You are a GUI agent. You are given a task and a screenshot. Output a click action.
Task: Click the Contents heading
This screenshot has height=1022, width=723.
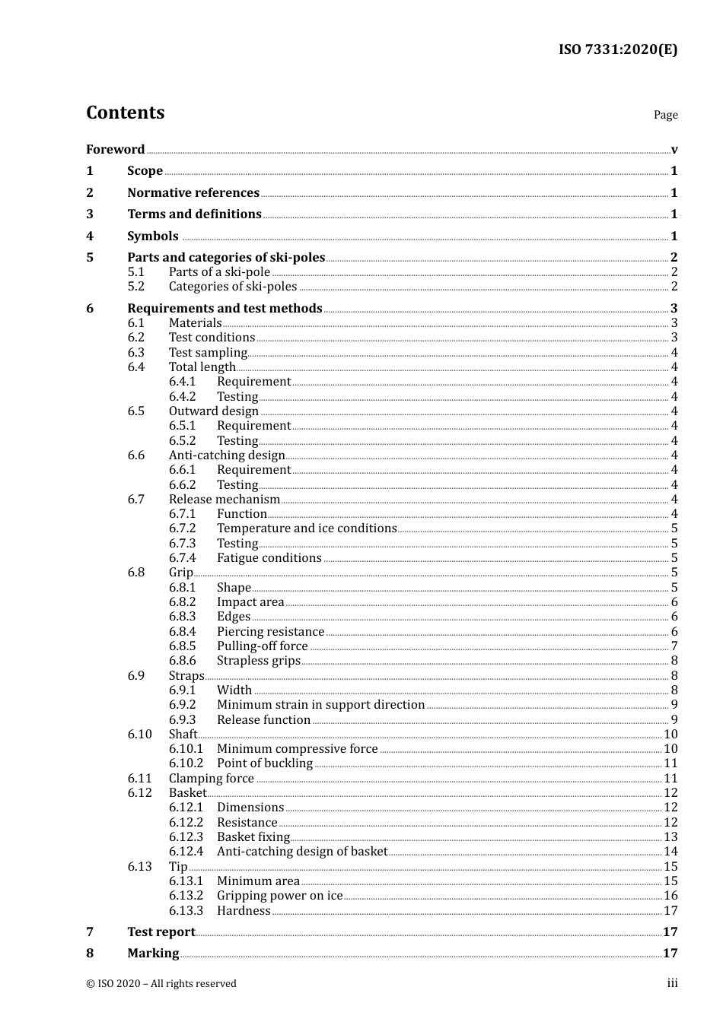(125, 113)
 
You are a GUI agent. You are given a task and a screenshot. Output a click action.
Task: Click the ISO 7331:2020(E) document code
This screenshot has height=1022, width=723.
(617, 49)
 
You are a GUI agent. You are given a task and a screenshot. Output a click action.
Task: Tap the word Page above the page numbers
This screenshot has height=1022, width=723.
(665, 115)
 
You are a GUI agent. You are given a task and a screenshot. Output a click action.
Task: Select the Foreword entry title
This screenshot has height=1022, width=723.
(115, 149)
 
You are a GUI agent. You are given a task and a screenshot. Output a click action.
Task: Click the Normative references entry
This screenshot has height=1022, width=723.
(193, 192)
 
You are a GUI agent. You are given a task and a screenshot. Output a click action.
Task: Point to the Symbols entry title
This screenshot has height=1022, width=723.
(152, 236)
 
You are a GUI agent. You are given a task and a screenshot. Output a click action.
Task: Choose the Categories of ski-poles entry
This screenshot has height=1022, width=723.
(233, 287)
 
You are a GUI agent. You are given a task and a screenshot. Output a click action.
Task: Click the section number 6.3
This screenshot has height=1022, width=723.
(136, 352)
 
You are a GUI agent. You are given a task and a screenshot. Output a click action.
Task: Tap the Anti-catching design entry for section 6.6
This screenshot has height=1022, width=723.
(227, 455)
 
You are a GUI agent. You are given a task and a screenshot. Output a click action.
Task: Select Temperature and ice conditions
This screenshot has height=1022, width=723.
(307, 528)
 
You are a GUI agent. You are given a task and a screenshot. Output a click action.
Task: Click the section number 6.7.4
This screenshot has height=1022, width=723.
(183, 558)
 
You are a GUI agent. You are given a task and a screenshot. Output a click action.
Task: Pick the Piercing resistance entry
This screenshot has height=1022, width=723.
(270, 632)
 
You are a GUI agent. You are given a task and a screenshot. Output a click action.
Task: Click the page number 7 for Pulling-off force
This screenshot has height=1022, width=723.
(674, 646)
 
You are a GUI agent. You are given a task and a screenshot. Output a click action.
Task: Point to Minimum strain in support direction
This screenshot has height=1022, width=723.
(320, 705)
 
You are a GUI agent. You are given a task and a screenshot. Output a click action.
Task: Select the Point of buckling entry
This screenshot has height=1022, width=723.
(265, 763)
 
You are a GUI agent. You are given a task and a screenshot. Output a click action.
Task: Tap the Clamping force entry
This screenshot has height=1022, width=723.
(212, 778)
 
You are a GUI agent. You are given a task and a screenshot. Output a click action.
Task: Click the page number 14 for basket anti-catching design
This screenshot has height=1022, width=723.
(670, 852)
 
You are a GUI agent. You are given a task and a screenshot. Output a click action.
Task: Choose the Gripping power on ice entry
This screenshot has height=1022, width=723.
(279, 896)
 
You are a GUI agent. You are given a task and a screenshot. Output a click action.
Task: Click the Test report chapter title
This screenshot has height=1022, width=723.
(161, 932)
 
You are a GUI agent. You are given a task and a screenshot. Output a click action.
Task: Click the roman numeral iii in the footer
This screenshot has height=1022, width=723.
(672, 983)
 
